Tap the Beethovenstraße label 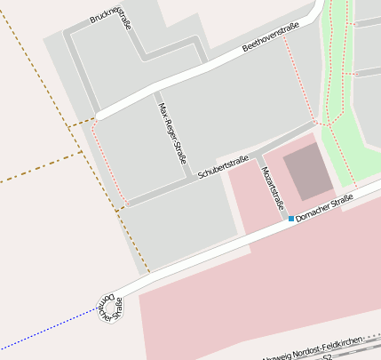[271, 39]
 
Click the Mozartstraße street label [273, 188]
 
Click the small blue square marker [290, 218]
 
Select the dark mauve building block [307, 171]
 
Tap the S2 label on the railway [327, 356]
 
